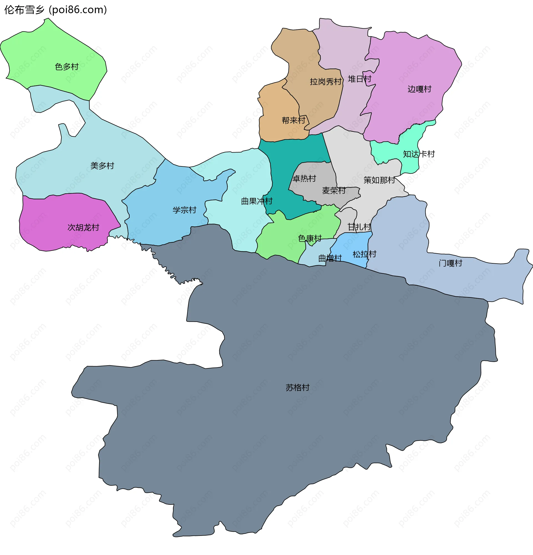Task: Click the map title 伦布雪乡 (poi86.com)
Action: [x=56, y=10]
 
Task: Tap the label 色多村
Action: [x=67, y=67]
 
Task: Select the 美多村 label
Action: [x=102, y=166]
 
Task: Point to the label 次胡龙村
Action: [x=83, y=227]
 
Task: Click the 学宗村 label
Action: [x=185, y=210]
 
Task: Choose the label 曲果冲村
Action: [x=257, y=201]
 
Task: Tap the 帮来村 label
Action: [x=293, y=120]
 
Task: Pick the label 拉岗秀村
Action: [x=326, y=82]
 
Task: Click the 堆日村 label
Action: [x=359, y=79]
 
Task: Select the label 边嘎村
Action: [x=419, y=89]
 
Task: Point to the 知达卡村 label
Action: [x=419, y=154]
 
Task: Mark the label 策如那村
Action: [x=379, y=180]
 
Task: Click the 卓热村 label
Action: [x=304, y=178]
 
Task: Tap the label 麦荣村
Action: [x=334, y=190]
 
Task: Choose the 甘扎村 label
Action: [x=359, y=227]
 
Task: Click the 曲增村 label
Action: [x=330, y=258]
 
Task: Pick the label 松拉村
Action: [x=364, y=254]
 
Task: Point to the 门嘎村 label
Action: [x=450, y=263]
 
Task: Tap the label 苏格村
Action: [x=298, y=387]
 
